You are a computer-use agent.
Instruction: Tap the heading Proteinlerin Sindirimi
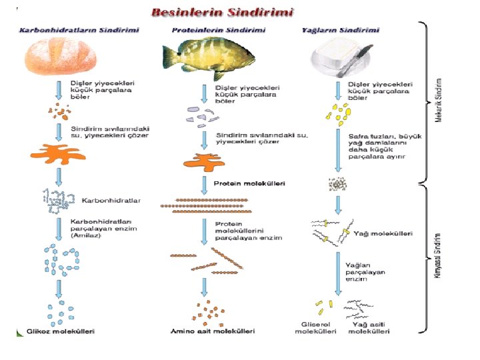(219, 30)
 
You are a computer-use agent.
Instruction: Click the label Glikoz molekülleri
(61, 331)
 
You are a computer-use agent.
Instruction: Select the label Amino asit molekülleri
(207, 331)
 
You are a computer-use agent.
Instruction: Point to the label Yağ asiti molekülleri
(369, 327)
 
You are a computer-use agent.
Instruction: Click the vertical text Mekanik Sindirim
(437, 101)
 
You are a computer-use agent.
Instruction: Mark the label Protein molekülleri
(249, 183)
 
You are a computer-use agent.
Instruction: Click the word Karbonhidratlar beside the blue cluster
(109, 199)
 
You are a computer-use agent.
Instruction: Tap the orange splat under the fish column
(203, 161)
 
